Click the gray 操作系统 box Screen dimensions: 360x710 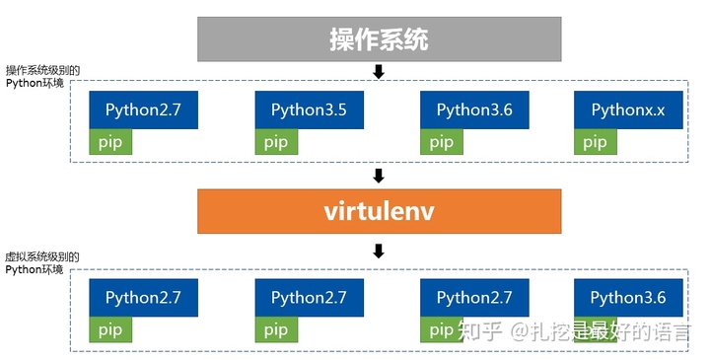[378, 39]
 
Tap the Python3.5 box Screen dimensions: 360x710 [309, 110]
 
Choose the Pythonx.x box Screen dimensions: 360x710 [628, 110]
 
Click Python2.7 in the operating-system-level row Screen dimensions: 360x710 [143, 110]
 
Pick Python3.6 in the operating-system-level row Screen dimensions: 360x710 [474, 110]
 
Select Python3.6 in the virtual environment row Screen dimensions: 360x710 [628, 297]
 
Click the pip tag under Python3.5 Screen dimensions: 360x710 [275, 142]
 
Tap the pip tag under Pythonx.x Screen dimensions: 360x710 [595, 142]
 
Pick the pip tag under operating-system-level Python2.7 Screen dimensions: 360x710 [109, 142]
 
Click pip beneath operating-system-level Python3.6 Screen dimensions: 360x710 [441, 142]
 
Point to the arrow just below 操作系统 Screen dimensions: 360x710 [378, 71]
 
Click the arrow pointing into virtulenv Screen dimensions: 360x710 [378, 176]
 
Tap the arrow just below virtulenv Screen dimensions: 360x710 [378, 251]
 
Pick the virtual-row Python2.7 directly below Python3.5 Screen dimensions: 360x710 [309, 297]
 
